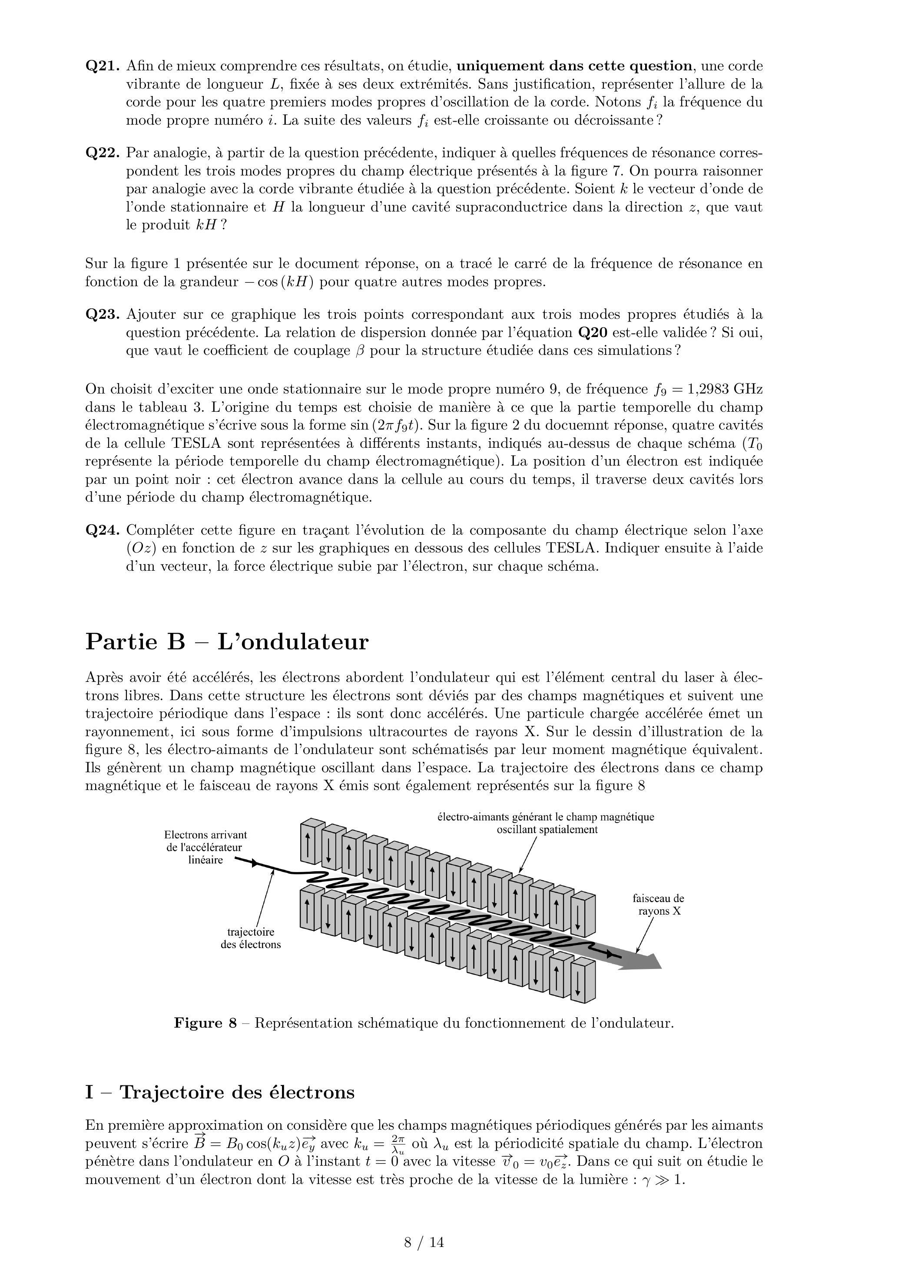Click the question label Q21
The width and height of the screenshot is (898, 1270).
click(x=103, y=66)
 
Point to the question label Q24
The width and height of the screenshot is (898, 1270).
click(x=103, y=530)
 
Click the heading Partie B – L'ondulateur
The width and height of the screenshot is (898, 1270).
click(x=227, y=642)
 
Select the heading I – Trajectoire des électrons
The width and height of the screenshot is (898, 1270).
click(x=220, y=1092)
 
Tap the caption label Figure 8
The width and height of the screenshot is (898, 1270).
click(x=205, y=1023)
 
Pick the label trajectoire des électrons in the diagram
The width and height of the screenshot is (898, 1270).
click(x=251, y=938)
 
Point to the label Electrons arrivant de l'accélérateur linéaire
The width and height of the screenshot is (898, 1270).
click(x=205, y=847)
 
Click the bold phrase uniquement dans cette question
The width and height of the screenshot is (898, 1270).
click(x=574, y=66)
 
